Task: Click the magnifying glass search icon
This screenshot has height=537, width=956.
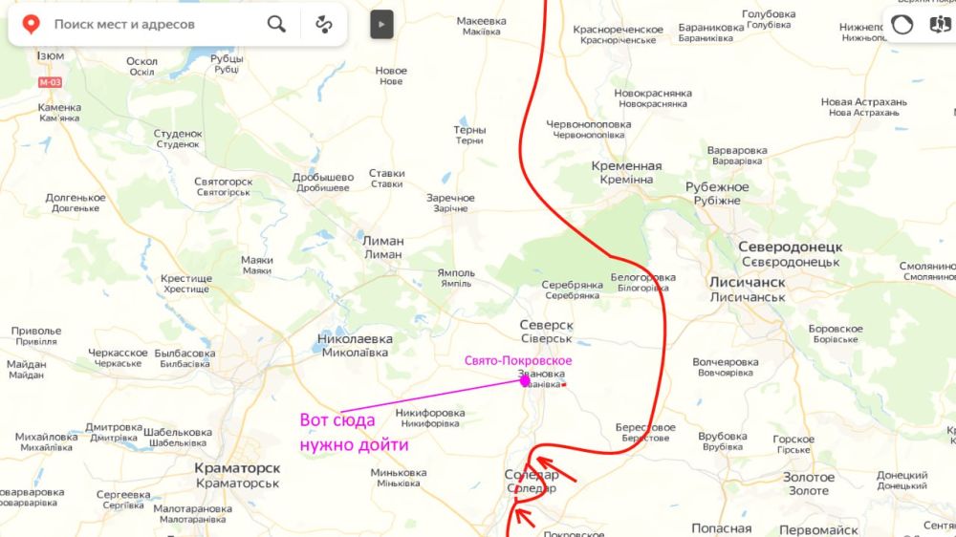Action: click(x=276, y=24)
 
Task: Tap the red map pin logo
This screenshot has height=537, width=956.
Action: click(x=31, y=24)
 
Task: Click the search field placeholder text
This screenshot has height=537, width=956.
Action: click(x=124, y=24)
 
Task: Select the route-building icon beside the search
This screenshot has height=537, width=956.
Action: click(x=324, y=24)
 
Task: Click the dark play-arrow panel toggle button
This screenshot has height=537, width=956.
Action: click(x=381, y=24)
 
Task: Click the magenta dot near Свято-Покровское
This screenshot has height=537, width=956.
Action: click(x=525, y=380)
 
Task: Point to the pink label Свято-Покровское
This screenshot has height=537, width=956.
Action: click(x=518, y=360)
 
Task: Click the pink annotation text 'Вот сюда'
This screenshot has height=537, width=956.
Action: click(x=337, y=420)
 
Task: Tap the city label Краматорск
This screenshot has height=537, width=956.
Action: click(x=237, y=468)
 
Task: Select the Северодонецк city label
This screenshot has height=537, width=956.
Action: click(x=790, y=247)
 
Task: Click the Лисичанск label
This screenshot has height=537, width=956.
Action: click(x=748, y=283)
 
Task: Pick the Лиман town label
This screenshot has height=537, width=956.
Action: click(x=383, y=241)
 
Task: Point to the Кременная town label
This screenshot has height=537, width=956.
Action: click(x=626, y=166)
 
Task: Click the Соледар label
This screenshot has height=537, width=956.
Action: click(x=532, y=475)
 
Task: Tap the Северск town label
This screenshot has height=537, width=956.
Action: click(x=546, y=325)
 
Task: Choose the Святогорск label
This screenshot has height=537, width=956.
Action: click(x=223, y=182)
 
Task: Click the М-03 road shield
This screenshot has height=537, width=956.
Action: click(x=49, y=82)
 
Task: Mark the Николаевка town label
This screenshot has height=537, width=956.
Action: click(x=355, y=338)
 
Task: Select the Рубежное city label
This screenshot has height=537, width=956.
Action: click(x=717, y=187)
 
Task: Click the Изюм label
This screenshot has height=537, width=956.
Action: click(x=51, y=56)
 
